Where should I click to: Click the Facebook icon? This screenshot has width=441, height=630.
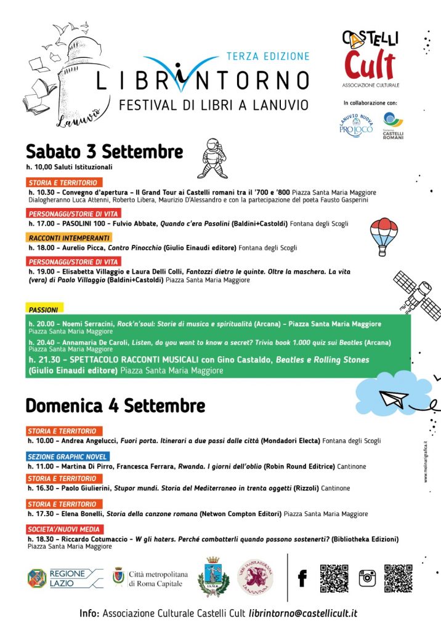click(x=302, y=578)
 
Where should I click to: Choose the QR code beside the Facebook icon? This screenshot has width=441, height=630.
click(x=334, y=578)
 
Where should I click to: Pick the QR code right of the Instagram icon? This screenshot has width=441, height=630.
click(x=398, y=578)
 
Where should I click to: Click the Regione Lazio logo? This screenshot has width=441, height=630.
click(x=65, y=577)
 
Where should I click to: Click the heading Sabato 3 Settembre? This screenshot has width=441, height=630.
click(x=104, y=151)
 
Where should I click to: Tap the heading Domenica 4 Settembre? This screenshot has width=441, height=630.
click(x=115, y=406)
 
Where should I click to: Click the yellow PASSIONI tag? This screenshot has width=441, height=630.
click(x=44, y=310)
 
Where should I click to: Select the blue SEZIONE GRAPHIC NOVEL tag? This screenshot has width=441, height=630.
click(x=68, y=457)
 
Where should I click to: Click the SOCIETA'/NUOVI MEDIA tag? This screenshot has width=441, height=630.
click(x=65, y=529)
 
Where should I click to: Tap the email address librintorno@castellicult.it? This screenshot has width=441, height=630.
click(x=303, y=613)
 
